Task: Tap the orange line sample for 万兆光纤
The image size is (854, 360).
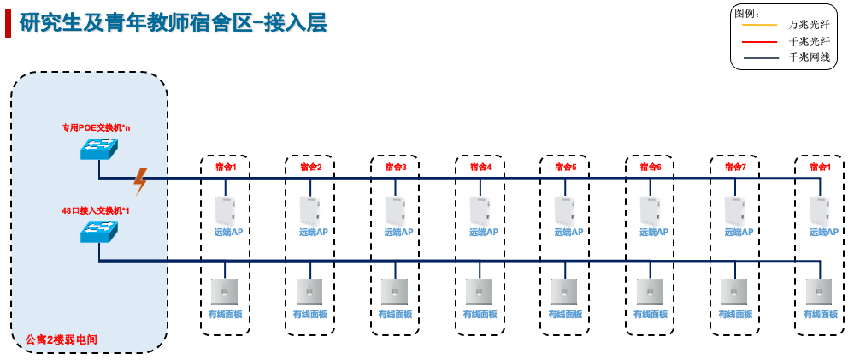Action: (758, 24)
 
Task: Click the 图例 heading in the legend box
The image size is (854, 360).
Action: (748, 11)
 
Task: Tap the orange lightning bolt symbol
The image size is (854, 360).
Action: (141, 180)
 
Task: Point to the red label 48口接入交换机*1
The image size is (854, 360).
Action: (95, 210)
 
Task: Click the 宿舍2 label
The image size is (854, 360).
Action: (310, 167)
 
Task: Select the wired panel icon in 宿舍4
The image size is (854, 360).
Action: (479, 292)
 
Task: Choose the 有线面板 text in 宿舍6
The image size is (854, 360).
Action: (651, 315)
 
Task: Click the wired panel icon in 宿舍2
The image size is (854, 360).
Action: (309, 292)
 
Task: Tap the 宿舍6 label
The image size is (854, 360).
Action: (651, 167)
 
